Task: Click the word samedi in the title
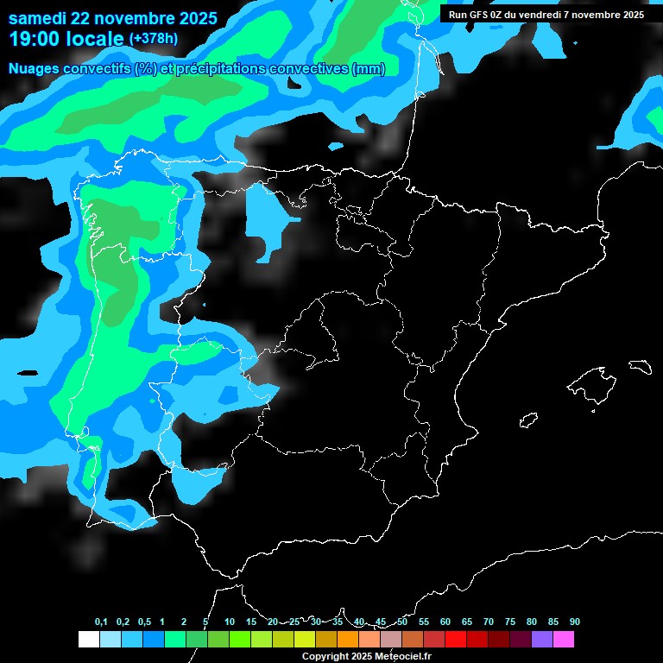(40, 17)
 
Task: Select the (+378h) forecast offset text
(154, 39)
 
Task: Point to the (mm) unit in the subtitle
(369, 69)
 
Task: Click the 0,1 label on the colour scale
(101, 622)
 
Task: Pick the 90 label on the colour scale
(574, 622)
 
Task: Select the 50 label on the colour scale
(402, 622)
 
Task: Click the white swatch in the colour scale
(88, 639)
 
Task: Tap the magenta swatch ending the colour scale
(563, 639)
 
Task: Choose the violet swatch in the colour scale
(541, 639)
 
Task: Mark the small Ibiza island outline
(528, 420)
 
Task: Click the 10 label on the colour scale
(230, 622)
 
